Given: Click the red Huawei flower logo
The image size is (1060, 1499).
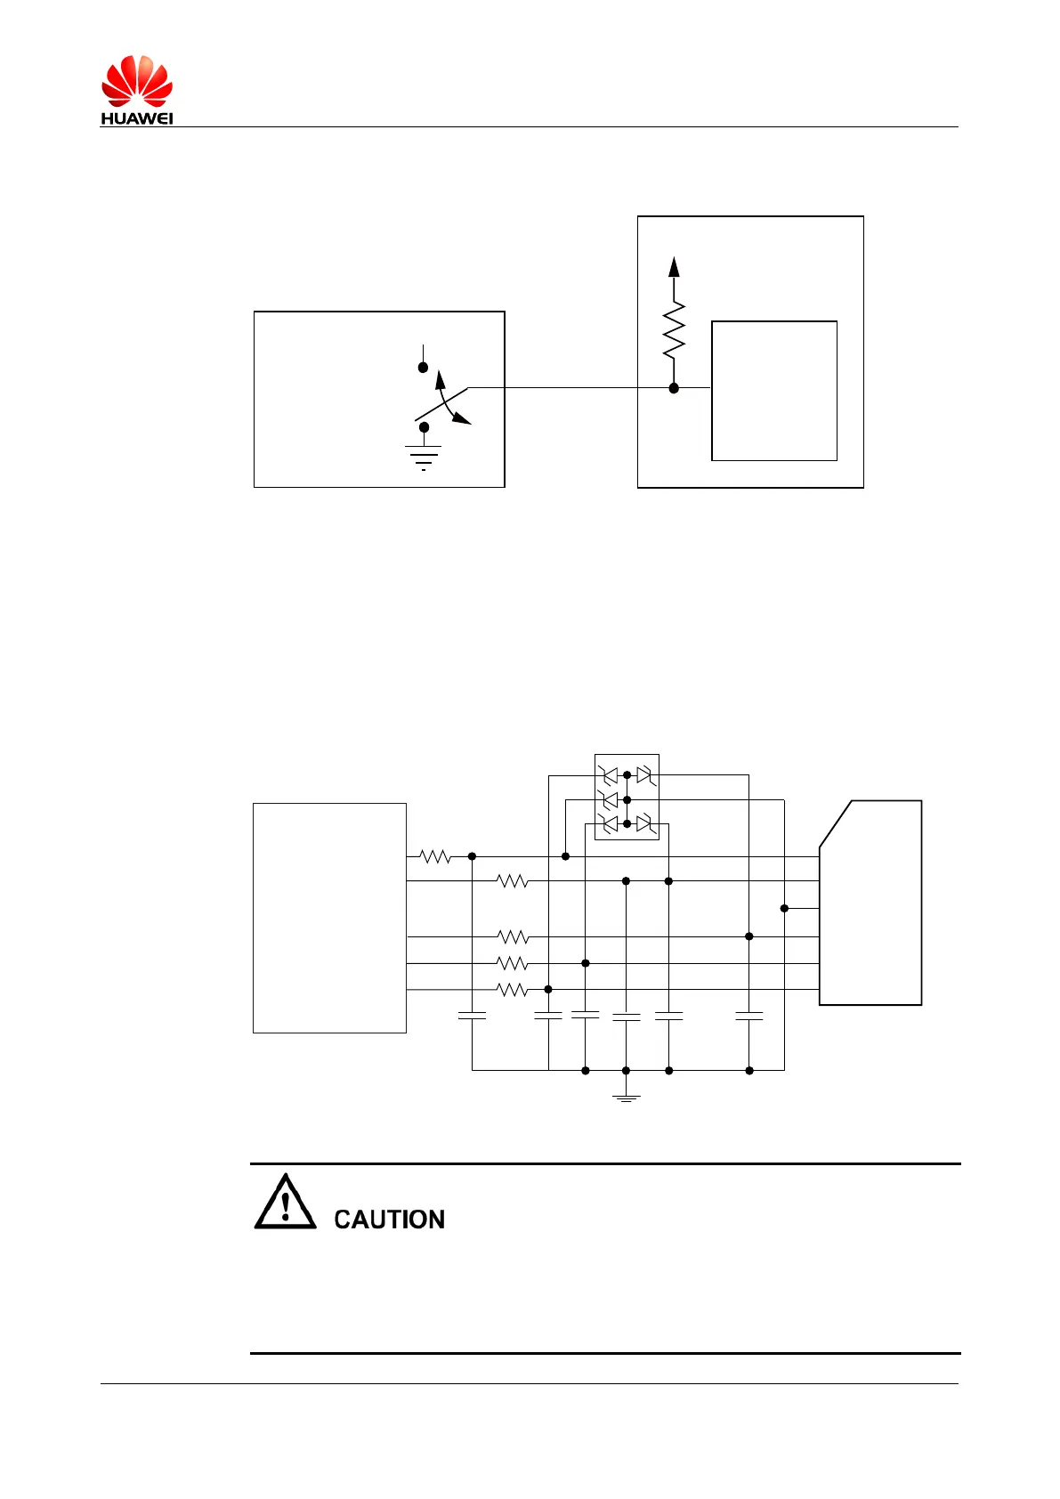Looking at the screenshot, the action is (136, 82).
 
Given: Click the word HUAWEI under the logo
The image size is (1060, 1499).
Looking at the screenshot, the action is (136, 118).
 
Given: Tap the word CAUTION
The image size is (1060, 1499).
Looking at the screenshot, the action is (389, 1219).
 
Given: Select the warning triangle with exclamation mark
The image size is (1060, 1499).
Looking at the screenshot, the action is (285, 1203).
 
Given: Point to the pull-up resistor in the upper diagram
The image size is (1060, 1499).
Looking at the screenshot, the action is (674, 329).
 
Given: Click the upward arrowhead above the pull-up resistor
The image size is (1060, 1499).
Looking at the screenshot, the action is (674, 266).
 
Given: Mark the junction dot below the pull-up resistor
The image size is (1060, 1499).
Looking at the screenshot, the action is (674, 388).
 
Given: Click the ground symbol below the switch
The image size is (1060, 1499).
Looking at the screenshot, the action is (424, 457).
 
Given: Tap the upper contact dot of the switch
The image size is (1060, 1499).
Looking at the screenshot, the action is (424, 367).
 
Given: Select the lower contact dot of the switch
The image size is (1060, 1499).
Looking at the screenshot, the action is (424, 427).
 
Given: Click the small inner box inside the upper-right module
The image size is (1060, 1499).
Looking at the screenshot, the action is (774, 391).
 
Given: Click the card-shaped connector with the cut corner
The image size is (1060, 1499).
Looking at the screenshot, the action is (870, 903).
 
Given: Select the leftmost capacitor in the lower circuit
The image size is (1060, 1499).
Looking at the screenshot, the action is (472, 1015).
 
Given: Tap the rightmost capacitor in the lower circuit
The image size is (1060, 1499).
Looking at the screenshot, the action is (749, 1015).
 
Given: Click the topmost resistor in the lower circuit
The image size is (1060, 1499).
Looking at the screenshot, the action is (435, 856).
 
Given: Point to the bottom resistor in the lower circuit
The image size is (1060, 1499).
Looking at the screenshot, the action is (513, 990).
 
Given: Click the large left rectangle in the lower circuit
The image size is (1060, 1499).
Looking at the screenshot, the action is (329, 918).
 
